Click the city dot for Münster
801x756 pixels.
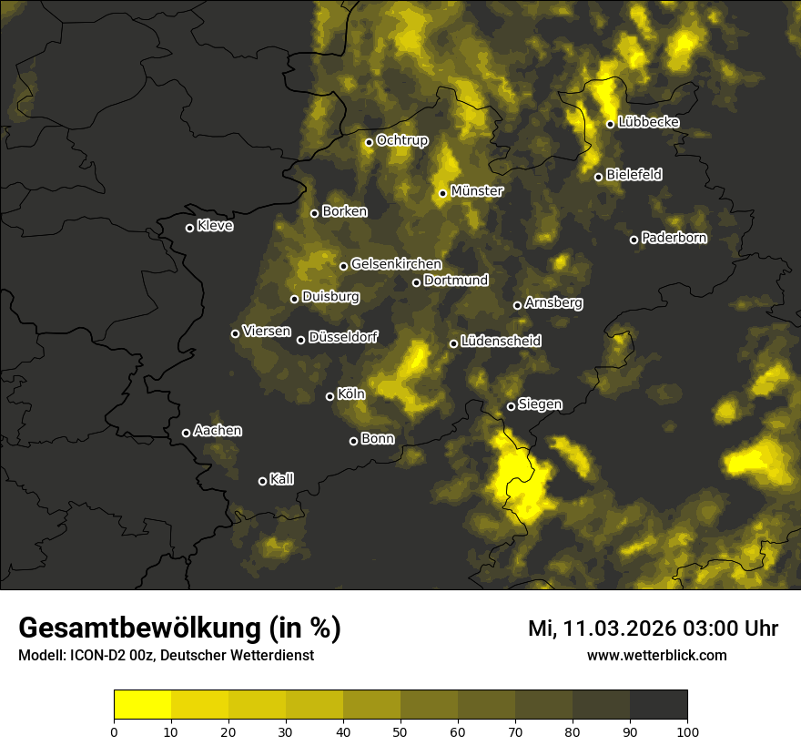point(442,193)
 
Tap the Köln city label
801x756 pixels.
point(351,394)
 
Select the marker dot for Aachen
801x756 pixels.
point(186,433)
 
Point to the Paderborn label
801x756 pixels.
point(674,238)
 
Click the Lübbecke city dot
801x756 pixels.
point(610,124)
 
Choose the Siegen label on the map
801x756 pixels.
point(540,404)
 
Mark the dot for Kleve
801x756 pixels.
point(189,228)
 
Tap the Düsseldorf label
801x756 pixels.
point(343,337)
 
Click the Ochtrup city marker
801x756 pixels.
point(369,142)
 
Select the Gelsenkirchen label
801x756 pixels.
point(396,264)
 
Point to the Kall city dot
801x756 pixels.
point(262,481)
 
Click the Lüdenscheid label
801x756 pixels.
point(501,342)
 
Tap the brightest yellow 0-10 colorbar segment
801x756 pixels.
point(142,705)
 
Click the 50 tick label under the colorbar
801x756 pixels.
point(400,730)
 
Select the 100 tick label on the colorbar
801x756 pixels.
point(687,730)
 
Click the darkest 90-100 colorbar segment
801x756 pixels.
point(659,705)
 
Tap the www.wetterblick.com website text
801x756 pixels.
point(657,655)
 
